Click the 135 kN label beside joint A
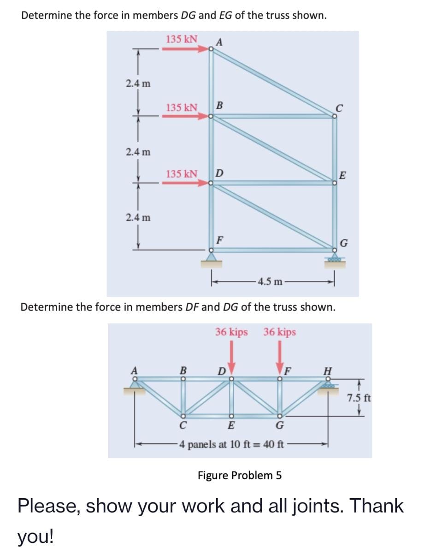point(182,39)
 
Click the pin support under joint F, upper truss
point(211,259)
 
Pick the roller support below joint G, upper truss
point(335,259)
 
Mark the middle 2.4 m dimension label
point(139,151)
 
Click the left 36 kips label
point(231,332)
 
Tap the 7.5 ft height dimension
point(358,397)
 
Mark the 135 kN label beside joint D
point(182,174)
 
